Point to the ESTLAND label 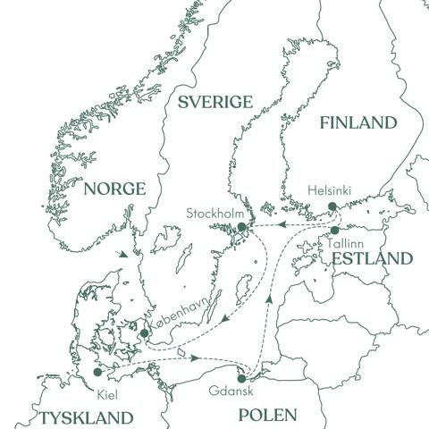[x=373, y=259]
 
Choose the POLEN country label [x=266, y=415]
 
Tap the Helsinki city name [x=331, y=190]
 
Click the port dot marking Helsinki [x=332, y=206]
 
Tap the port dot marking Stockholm [x=240, y=228]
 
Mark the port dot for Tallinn [x=334, y=230]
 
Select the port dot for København [x=145, y=333]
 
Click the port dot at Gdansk [x=241, y=378]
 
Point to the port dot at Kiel [x=97, y=373]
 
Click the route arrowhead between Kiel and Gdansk [x=194, y=358]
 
